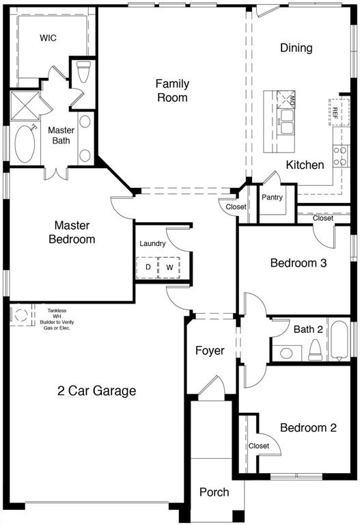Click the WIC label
point(48,38)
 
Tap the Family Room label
point(171,90)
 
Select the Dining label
point(296,48)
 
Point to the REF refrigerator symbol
point(336,112)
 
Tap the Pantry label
point(272,197)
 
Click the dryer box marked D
point(148,267)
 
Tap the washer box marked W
point(169,267)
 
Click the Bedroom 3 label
point(298,262)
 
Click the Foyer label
point(210,351)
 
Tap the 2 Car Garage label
point(96,391)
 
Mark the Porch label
point(214,492)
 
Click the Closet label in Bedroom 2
point(259,446)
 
